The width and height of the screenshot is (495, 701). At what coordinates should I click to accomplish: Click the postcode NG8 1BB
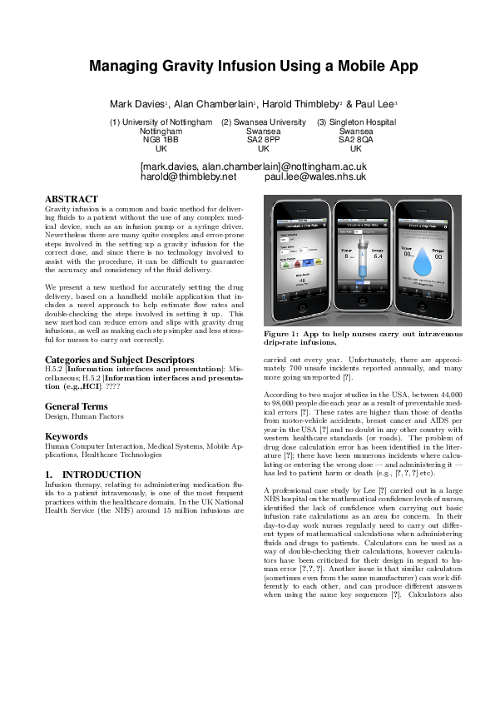[x=161, y=140]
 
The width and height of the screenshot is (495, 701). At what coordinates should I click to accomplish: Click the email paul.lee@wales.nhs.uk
[x=315, y=176]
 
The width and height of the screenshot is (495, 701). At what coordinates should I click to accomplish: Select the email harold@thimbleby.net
[x=189, y=176]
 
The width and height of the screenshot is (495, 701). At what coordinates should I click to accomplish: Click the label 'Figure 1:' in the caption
[x=281, y=333]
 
